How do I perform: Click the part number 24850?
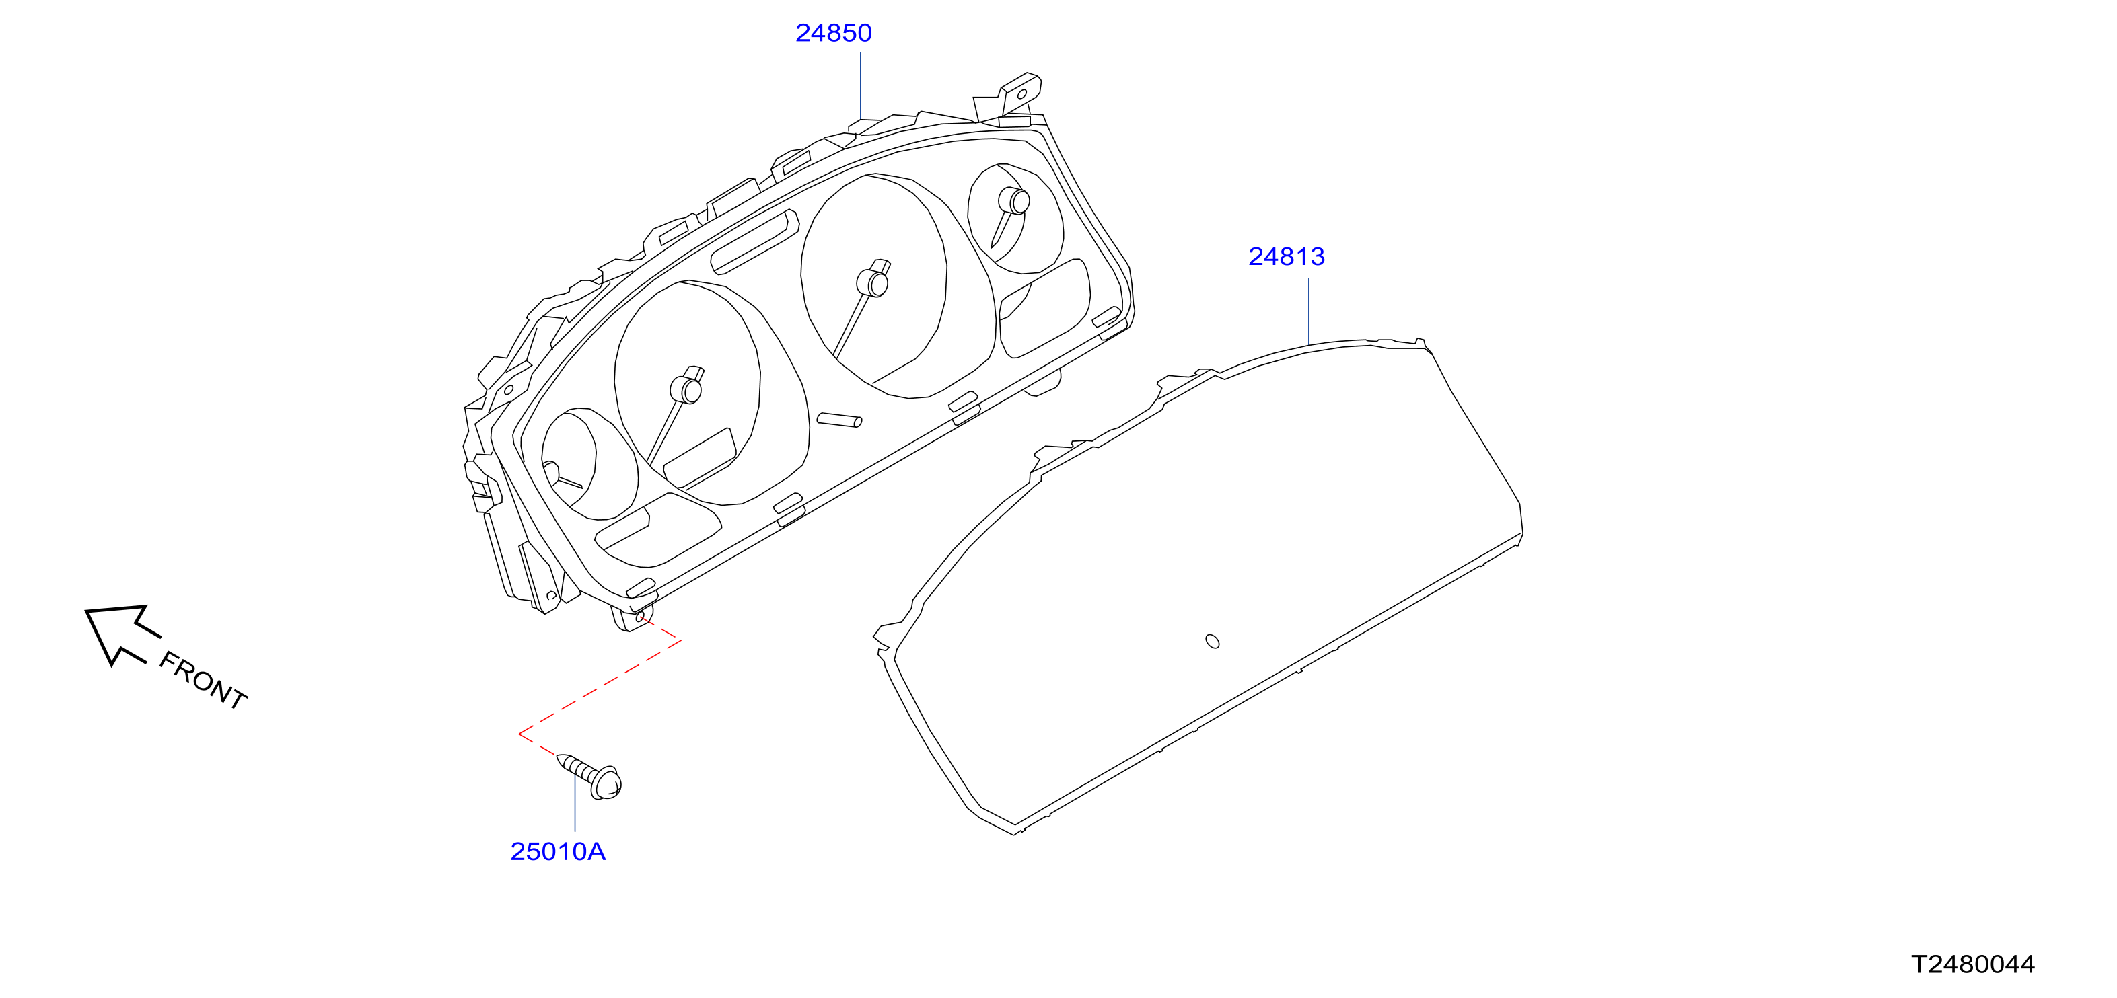click(833, 33)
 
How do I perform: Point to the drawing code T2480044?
click(1972, 964)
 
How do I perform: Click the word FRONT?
click(202, 680)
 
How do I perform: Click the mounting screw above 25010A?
click(589, 775)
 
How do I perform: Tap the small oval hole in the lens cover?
click(1212, 641)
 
